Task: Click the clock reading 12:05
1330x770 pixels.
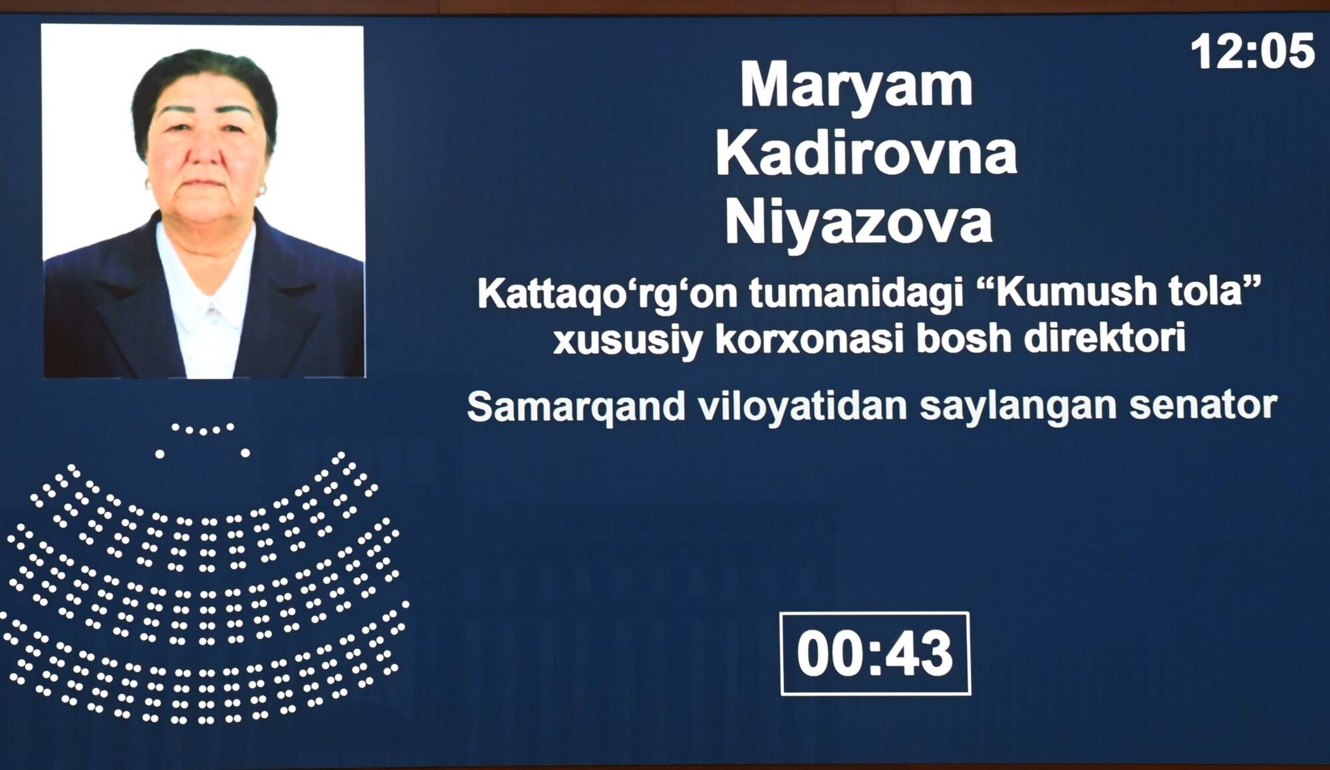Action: point(1252,52)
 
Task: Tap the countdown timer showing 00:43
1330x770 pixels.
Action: point(875,654)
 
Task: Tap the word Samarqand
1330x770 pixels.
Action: point(576,406)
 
